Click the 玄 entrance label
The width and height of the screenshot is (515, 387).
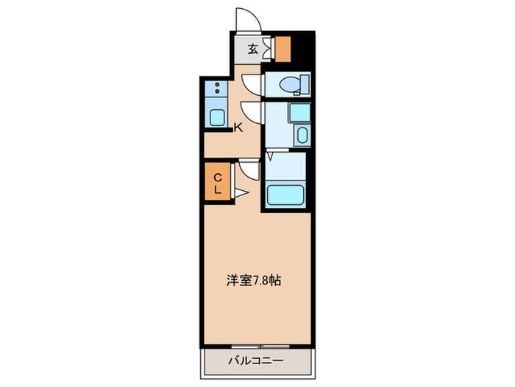coord(252,50)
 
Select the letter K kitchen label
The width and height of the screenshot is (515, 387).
coord(238,128)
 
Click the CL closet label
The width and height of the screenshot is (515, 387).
coord(218,183)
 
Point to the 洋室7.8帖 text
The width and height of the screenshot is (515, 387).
coord(252,280)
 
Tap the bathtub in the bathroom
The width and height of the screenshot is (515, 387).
coord(285,195)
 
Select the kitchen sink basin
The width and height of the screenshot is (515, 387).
coord(217,116)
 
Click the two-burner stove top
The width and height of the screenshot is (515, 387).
coord(217,89)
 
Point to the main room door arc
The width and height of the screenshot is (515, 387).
coord(249,172)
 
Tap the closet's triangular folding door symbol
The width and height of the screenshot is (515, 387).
coord(240,193)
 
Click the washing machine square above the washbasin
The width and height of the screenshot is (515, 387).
coord(299,113)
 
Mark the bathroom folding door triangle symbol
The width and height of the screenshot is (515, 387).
coord(270,156)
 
